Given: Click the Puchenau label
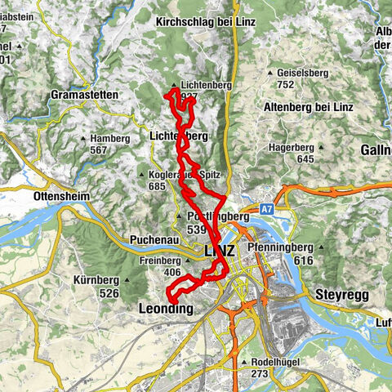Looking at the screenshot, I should (151, 241).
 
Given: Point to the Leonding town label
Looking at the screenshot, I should (162, 310).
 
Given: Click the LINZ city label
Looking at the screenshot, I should (219, 251).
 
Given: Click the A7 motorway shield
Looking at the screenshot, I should (267, 210).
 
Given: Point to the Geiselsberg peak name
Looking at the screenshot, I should (307, 72).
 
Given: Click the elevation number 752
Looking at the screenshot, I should (285, 84).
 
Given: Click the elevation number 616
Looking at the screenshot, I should (304, 259).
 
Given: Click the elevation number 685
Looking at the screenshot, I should (158, 186).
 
